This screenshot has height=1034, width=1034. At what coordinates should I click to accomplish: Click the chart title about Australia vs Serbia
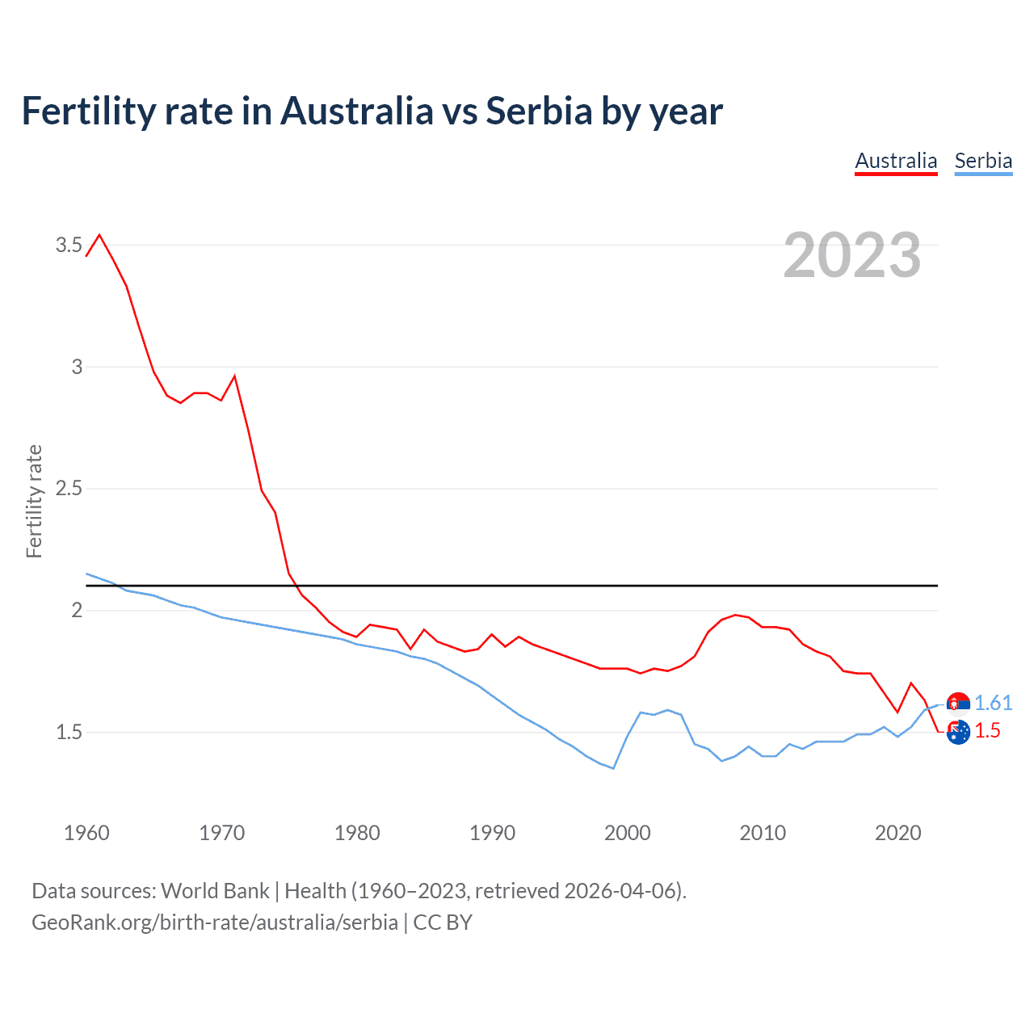[372, 111]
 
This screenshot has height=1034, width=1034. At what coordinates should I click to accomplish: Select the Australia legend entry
[896, 161]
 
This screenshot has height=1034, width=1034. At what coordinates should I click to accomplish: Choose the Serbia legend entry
[983, 161]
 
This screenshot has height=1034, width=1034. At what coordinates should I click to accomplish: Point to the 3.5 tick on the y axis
[69, 245]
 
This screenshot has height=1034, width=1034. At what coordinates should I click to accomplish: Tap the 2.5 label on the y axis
[69, 489]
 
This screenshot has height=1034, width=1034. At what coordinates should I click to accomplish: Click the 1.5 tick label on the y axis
[69, 733]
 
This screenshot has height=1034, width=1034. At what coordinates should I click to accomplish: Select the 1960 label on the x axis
[86, 833]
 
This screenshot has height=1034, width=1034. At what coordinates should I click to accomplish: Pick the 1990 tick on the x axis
[492, 833]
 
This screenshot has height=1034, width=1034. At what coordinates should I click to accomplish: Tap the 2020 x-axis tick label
[897, 833]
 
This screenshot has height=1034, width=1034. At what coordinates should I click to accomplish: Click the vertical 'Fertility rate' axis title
[34, 501]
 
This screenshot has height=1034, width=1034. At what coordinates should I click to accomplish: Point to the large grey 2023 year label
[851, 255]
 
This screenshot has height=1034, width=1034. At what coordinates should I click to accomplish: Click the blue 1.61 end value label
[993, 704]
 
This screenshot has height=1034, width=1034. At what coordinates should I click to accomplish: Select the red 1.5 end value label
[987, 731]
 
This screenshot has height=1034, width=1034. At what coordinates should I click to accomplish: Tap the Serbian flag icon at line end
[958, 704]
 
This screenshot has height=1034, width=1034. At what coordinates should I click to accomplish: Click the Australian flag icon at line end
[958, 732]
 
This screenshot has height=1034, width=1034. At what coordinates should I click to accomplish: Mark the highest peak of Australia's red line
[99, 235]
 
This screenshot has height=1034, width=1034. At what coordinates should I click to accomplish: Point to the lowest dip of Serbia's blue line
[613, 768]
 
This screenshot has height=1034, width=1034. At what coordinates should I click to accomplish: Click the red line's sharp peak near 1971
[234, 376]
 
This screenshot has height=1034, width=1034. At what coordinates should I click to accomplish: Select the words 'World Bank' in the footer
[215, 891]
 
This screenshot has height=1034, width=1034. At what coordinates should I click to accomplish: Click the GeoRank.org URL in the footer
[215, 923]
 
